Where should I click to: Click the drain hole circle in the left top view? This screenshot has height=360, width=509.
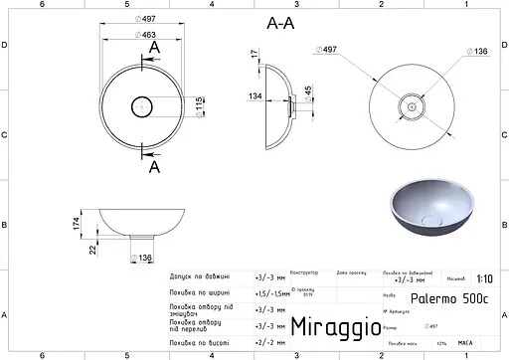[143, 103]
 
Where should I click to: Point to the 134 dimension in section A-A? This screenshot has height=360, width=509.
[256, 97]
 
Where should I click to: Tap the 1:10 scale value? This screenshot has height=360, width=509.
[483, 280]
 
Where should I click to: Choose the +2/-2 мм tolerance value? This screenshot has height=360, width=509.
[267, 342]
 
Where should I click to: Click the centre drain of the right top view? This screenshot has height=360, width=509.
[409, 104]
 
